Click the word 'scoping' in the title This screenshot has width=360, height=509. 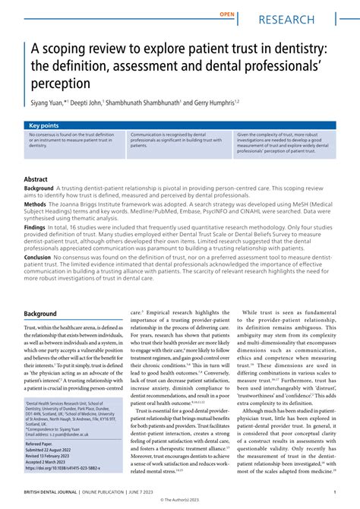click(x=67, y=49)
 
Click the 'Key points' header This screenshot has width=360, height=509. click(x=43, y=125)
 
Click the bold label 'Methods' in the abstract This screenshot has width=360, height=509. click(x=36, y=204)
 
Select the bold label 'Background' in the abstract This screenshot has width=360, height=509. click(x=39, y=188)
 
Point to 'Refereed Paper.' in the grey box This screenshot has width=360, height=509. click(x=44, y=443)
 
